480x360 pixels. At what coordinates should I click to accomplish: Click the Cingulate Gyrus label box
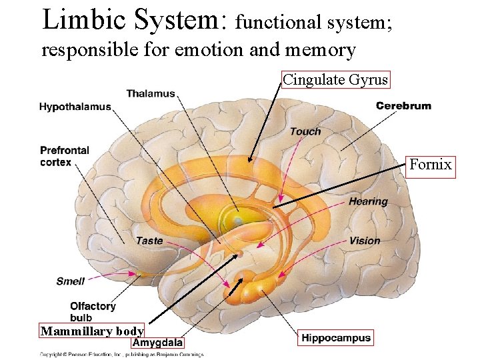335,80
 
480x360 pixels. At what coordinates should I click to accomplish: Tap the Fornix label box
431,165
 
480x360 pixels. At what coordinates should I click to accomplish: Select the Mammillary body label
92,331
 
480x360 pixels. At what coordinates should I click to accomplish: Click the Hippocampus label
335,338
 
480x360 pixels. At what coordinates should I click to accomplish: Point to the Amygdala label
157,343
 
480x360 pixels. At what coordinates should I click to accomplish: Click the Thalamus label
150,94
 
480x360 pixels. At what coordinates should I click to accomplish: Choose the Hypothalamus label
75,107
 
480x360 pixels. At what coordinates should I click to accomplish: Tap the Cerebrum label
403,105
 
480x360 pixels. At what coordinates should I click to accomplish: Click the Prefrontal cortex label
64,156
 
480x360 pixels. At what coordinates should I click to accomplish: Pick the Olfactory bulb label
93,311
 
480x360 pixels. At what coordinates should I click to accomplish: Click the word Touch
305,131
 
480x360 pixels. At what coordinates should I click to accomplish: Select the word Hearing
367,201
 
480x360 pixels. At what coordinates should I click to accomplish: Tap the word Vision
364,241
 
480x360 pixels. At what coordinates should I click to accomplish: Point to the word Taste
149,240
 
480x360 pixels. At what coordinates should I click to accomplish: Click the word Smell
70,281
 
